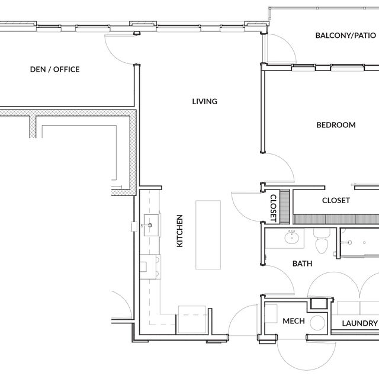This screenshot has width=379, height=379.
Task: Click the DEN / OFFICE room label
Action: click(54, 70)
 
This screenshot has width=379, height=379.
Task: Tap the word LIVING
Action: click(204, 101)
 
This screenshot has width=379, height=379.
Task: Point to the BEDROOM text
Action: click(335, 125)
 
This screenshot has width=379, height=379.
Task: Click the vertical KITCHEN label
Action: click(179, 231)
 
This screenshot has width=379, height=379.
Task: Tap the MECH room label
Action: click(293, 322)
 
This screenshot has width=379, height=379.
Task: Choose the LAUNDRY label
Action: click(359, 323)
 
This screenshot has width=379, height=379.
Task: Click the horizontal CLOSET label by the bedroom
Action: click(335, 201)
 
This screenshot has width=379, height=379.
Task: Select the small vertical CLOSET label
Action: click(274, 208)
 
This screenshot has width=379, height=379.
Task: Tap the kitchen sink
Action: click(149, 226)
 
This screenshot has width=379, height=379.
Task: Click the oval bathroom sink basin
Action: click(291, 239)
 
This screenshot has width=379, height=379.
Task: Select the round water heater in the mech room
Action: click(318, 323)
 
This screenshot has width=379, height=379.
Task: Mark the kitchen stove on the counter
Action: click(149, 265)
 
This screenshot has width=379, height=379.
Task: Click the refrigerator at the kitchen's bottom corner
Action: click(192, 320)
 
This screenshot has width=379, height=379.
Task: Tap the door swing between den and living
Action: click(120, 50)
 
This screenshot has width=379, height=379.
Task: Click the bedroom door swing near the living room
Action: click(278, 167)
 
